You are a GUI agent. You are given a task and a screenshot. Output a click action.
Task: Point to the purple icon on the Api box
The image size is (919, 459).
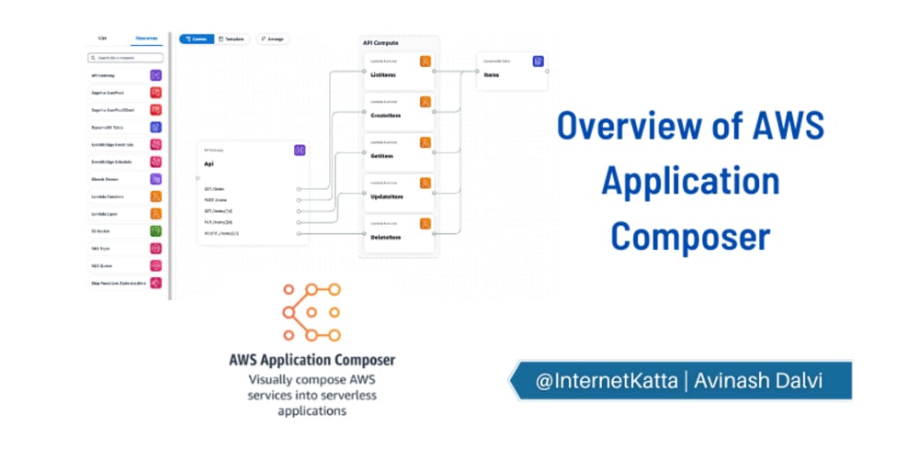pyautogui.click(x=300, y=150)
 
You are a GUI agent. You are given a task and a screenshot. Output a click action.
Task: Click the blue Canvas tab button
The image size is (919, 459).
pyautogui.click(x=197, y=39)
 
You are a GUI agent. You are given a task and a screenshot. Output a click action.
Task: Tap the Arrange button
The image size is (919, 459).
pyautogui.click(x=273, y=39)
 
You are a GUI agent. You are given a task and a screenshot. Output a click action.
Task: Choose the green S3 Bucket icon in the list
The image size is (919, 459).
pyautogui.click(x=156, y=230)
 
